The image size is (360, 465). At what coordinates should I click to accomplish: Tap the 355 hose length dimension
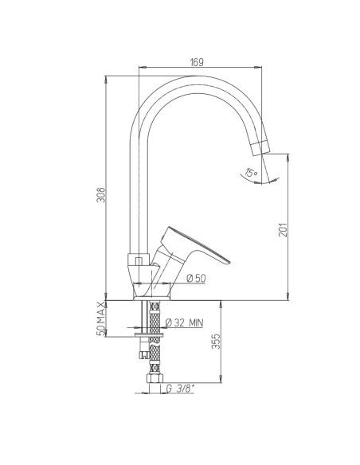click(x=216, y=342)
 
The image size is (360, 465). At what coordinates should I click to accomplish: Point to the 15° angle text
click(x=252, y=172)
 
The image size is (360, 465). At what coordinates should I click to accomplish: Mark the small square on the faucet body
click(x=138, y=260)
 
